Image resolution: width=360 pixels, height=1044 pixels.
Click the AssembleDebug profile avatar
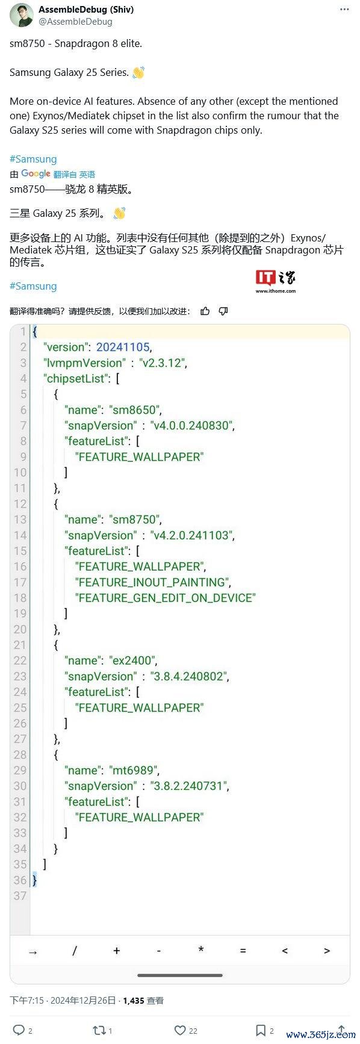[x=22, y=15]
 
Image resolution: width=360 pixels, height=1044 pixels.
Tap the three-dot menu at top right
[x=344, y=10]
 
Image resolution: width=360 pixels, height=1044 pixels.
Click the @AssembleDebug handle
[x=75, y=22]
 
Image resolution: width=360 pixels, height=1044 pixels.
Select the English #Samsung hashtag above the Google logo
[x=33, y=159]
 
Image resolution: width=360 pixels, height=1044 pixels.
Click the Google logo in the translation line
[x=36, y=173]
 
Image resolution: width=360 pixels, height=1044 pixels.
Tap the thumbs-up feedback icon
[x=205, y=311]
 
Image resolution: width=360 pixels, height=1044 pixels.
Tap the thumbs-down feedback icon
[x=223, y=311]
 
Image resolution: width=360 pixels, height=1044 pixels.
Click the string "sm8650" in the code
[x=135, y=409]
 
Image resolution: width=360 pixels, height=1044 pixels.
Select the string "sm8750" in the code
[x=135, y=519]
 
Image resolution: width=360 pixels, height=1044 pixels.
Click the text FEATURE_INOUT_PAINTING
[x=153, y=582]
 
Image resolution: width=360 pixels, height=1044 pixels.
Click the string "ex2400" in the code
[x=134, y=660]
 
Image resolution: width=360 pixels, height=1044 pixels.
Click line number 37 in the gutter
[x=20, y=895]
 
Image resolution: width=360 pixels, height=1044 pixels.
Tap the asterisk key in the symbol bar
[x=200, y=950]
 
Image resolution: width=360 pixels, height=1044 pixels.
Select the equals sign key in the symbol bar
[x=243, y=951]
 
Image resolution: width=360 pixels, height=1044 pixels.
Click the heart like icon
[x=179, y=1030]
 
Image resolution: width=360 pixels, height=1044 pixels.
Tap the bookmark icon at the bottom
[x=261, y=1030]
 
